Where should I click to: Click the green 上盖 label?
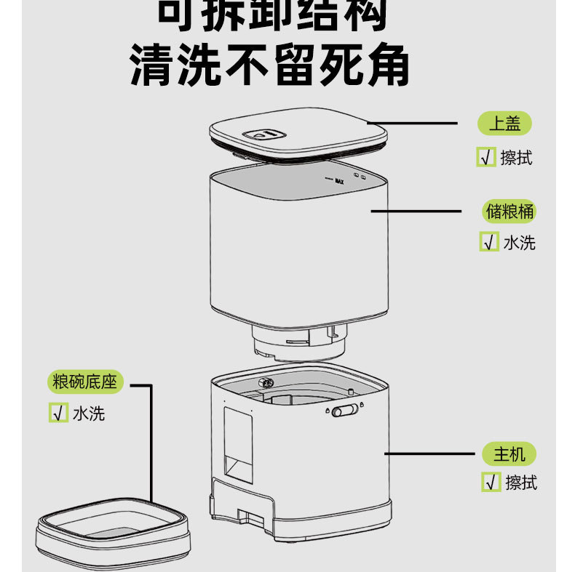504,123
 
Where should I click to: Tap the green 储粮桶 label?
509,212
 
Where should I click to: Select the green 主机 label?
509,454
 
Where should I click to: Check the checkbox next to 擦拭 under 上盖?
485,157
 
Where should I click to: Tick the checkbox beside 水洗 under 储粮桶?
488,242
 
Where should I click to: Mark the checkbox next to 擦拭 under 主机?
491,482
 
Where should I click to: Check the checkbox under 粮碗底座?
57,413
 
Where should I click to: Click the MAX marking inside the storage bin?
338,182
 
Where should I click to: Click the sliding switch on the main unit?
346,412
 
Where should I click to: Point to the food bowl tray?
113,528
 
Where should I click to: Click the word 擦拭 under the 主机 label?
521,482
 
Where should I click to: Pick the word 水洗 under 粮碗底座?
89,413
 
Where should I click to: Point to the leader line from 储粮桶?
416,212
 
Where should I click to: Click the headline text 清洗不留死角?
270,68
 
